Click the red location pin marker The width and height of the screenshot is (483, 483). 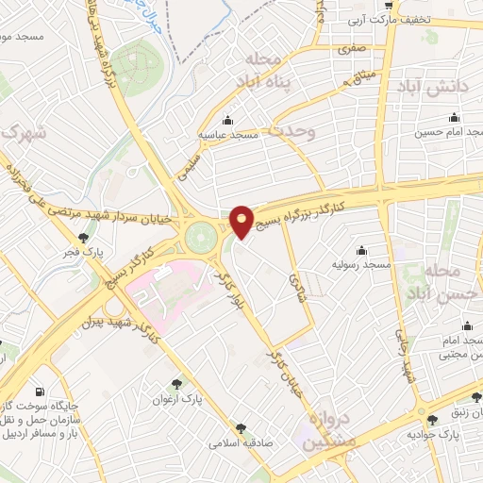point(241,220)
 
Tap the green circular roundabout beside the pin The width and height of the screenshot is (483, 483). point(200,237)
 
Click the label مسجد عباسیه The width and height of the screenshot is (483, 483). point(227,136)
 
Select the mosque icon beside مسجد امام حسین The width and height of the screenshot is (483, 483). point(455,118)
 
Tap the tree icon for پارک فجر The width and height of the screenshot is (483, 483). point(85,238)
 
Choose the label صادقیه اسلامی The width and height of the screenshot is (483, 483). point(241,441)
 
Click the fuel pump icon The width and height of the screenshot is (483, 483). point(38,391)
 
